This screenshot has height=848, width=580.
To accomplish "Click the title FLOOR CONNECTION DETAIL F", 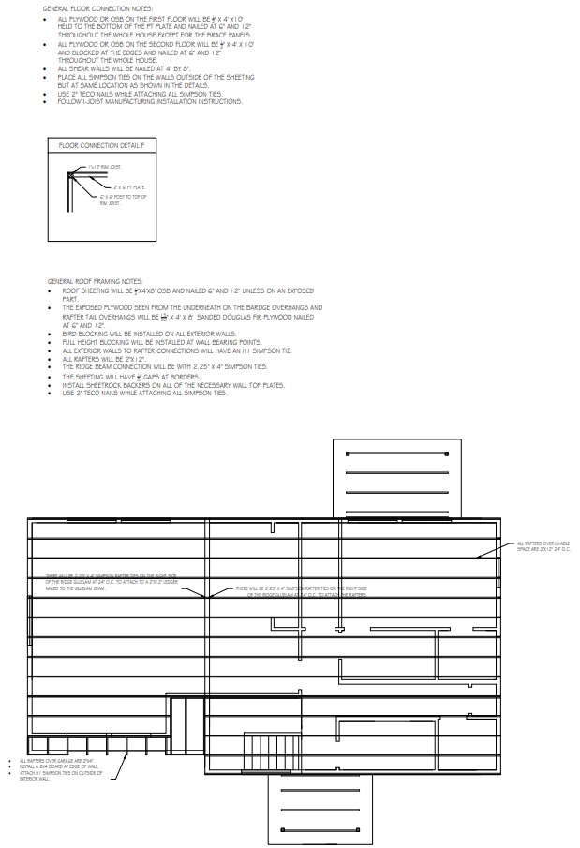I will [x=102, y=145].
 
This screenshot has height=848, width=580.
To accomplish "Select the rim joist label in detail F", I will [x=103, y=167].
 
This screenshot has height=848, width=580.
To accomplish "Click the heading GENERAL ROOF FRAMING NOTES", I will [x=96, y=281].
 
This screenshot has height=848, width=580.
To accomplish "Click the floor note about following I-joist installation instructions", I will [x=150, y=101].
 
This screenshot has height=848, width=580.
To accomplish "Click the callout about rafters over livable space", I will [x=543, y=546].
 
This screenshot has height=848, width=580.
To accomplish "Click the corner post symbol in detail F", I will [x=70, y=174].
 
